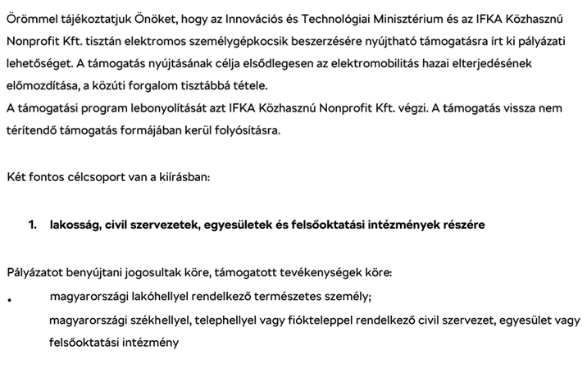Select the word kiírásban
coord(184,176)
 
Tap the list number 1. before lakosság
coord(33,224)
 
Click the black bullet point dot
coord(9,300)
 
